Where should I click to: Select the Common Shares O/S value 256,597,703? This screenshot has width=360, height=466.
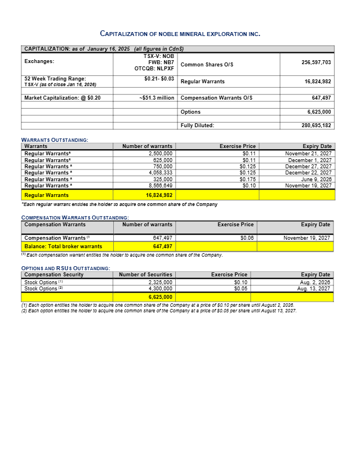point(316,62)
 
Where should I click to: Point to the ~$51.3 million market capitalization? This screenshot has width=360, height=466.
point(157,98)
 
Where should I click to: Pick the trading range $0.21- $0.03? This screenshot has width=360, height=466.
point(159,79)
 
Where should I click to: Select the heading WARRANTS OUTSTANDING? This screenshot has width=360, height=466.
point(55,140)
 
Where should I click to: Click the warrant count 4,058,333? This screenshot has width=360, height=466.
point(161,173)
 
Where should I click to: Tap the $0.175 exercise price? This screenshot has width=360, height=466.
point(247,179)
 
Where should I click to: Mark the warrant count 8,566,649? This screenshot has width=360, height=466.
point(161,185)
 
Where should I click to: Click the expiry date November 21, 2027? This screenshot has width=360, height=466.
point(308,153)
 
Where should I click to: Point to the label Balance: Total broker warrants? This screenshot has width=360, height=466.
point(63,247)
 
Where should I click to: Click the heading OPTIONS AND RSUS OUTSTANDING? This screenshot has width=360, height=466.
point(65,268)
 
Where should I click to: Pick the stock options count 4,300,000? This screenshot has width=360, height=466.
point(161,289)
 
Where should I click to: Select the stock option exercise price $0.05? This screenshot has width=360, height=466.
point(241,289)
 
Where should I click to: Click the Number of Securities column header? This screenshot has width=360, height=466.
point(145,275)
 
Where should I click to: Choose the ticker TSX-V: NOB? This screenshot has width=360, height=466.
point(159,56)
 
